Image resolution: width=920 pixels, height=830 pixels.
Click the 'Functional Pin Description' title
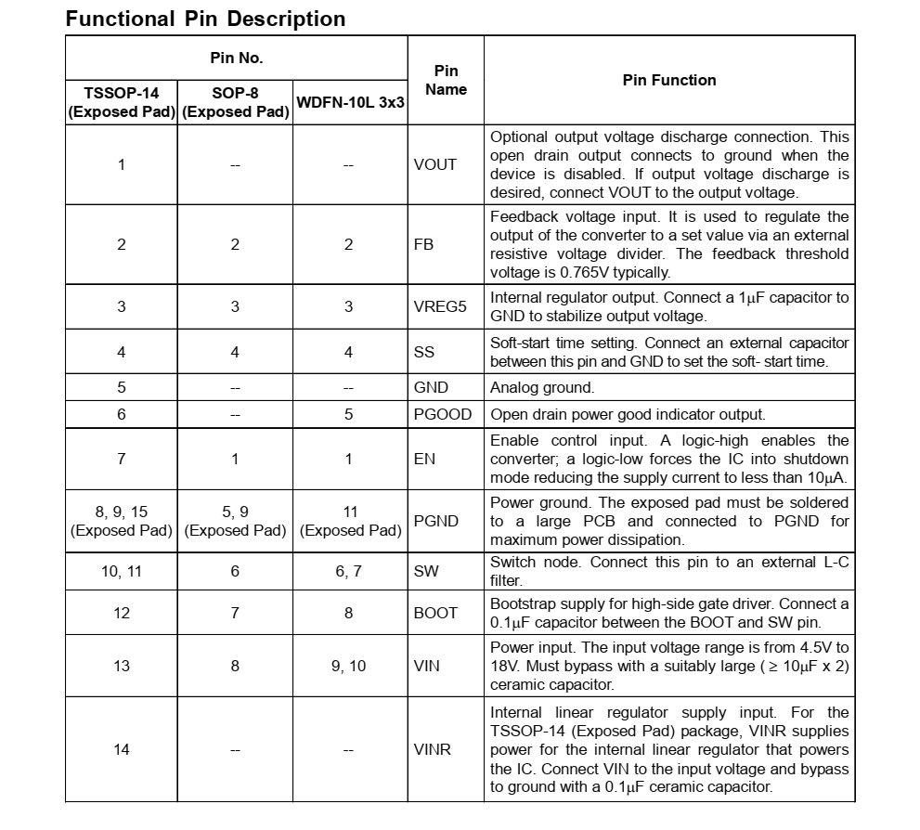(205, 19)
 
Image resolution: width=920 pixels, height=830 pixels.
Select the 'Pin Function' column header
(668, 81)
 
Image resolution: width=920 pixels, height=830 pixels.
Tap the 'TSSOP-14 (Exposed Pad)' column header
(121, 102)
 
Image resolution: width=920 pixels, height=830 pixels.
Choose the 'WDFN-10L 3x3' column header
(349, 102)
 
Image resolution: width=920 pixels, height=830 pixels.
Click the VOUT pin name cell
(435, 164)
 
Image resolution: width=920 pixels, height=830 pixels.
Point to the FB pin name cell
(424, 244)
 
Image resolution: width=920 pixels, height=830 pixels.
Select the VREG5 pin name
(440, 306)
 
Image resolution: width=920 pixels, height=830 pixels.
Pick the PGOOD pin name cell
(442, 414)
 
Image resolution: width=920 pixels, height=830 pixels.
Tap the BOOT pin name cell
(435, 613)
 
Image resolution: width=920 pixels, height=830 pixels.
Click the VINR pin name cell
(433, 749)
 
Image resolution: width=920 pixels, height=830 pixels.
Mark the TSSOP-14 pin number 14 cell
(122, 749)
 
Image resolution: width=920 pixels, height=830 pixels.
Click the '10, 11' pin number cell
(122, 572)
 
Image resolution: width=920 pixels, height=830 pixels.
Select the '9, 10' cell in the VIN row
(349, 666)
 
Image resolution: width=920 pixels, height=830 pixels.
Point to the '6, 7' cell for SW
(349, 572)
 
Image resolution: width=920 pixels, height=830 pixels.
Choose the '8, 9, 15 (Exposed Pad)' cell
(122, 521)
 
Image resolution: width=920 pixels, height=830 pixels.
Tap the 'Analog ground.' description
(542, 387)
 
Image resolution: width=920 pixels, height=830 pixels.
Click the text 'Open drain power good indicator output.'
(628, 414)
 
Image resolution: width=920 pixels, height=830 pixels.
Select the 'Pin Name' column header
(446, 81)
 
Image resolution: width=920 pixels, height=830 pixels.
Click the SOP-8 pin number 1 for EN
(235, 459)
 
